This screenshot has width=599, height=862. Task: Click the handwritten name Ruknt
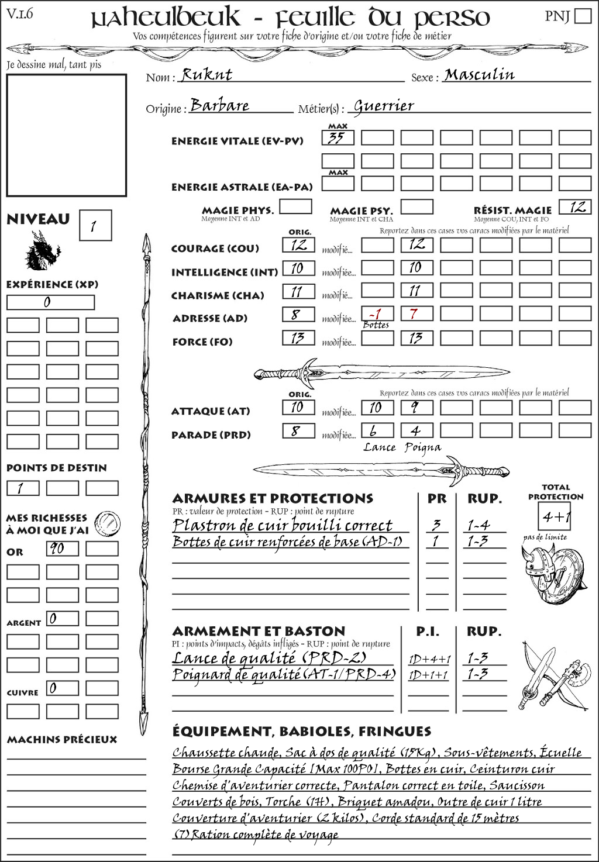pyautogui.click(x=206, y=74)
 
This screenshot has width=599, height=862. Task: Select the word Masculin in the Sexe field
pyautogui.click(x=479, y=74)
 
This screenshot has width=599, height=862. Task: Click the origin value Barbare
pyautogui.click(x=219, y=105)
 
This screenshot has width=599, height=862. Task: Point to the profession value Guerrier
pyautogui.click(x=384, y=106)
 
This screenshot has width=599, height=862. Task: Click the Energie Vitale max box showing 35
pyautogui.click(x=338, y=138)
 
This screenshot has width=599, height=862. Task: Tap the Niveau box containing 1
pyautogui.click(x=95, y=226)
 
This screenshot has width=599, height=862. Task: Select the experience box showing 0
pyautogui.click(x=50, y=302)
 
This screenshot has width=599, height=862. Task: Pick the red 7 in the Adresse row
pyautogui.click(x=414, y=313)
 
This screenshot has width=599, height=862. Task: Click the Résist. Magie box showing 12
pyautogui.click(x=574, y=207)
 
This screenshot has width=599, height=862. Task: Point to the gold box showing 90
pyautogui.click(x=63, y=549)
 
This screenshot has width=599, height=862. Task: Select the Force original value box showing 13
pyautogui.click(x=298, y=338)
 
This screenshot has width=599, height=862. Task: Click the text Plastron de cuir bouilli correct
pyautogui.click(x=282, y=525)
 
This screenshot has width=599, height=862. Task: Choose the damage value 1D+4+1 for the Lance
pyautogui.click(x=429, y=659)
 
